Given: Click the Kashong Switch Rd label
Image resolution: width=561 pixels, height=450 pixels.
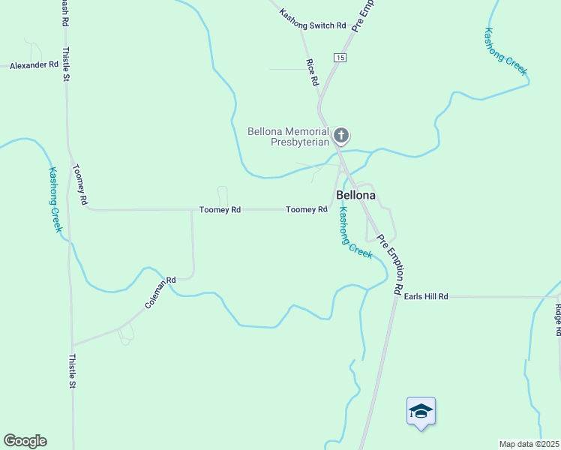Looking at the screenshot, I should tap(313, 20).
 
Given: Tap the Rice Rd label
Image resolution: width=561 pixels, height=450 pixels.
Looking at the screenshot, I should tap(313, 72).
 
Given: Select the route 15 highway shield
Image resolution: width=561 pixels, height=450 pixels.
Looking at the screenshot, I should tap(340, 58).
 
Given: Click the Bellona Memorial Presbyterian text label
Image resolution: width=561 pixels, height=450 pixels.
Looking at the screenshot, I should tap(288, 136).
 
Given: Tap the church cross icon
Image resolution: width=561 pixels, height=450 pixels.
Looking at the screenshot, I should tap(341, 136).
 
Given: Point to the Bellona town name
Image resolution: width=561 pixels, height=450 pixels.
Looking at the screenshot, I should tap(355, 195).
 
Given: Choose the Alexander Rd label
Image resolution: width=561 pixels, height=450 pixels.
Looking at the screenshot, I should tap(34, 65).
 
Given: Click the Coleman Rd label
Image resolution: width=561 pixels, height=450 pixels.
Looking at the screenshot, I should tap(160, 294).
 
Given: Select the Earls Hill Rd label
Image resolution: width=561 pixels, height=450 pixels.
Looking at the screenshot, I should tap(425, 297).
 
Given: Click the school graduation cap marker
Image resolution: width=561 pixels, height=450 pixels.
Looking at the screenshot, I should tap(421, 411).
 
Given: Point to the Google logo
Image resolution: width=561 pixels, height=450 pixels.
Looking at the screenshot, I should tap(25, 441).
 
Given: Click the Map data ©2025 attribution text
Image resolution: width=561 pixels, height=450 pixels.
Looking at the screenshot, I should tap(529, 444).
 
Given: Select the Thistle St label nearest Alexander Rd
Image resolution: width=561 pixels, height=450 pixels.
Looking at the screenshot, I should tap(66, 64).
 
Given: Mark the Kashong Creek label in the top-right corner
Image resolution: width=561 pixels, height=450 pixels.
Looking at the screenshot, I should tap(505, 51).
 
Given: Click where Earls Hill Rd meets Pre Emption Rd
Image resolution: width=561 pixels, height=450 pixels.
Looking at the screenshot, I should tap(395, 297).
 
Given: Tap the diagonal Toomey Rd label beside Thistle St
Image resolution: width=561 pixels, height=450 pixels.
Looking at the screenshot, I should tap(80, 184).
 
